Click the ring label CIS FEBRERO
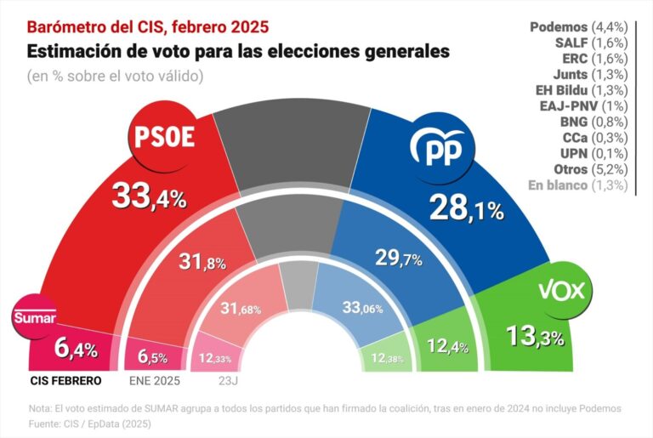66,380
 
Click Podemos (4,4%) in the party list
576,27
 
